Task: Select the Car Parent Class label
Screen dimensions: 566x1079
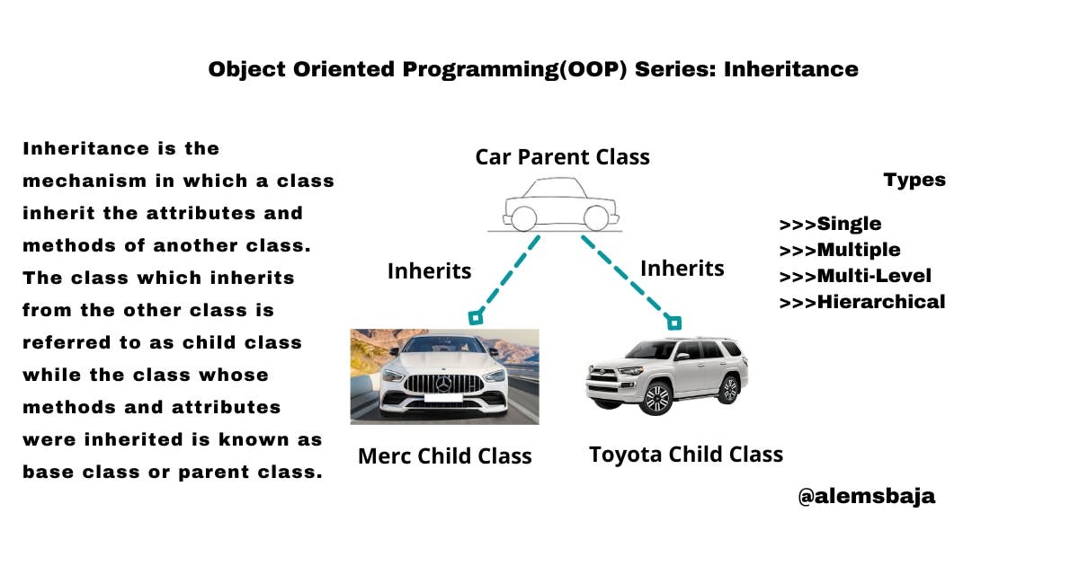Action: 562,156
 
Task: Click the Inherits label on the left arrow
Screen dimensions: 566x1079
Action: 429,270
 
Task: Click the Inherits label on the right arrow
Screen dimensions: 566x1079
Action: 682,268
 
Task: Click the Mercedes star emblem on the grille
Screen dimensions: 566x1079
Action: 443,385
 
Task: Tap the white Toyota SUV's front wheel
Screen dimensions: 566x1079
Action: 657,397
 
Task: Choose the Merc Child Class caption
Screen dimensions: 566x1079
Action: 444,455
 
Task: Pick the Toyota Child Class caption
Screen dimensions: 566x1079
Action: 685,454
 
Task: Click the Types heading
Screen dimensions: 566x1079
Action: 914,180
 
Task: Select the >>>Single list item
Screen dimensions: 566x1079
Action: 830,224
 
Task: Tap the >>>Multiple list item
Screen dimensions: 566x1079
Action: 839,250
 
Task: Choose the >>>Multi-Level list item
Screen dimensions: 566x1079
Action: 855,276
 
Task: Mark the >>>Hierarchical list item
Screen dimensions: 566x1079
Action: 861,302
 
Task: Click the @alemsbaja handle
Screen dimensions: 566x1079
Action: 866,496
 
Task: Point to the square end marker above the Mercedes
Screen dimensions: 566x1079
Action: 476,317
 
